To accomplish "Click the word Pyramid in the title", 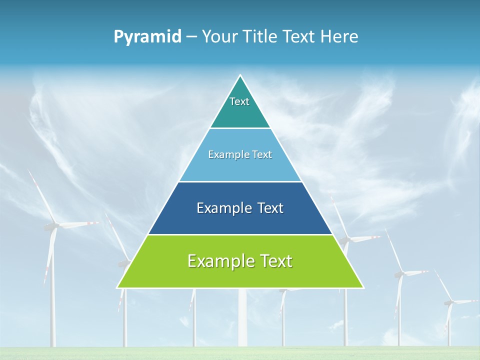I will coord(147,37).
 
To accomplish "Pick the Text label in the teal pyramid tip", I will coord(239,101).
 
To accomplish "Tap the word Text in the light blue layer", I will coord(262,154).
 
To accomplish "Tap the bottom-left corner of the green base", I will coord(118,287).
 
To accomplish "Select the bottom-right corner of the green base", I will coord(362,287).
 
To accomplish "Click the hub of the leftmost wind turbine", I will coord(53,226).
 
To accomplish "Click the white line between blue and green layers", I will coord(240,234).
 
